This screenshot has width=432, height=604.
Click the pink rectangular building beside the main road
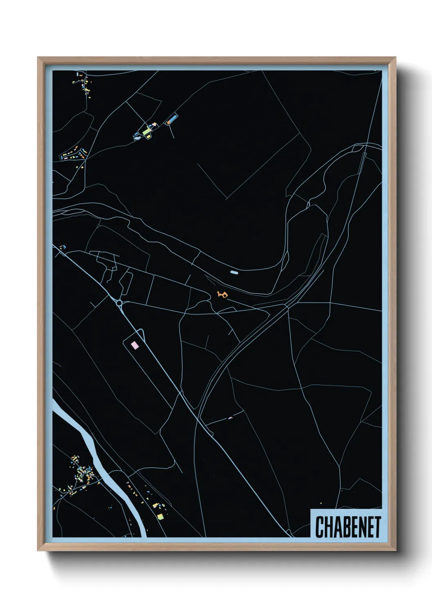pos(134,345)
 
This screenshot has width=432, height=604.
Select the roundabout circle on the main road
pos(119,303)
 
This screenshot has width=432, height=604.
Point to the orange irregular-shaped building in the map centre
pos(222,294)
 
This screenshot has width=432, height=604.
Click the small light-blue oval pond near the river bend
pos(234,272)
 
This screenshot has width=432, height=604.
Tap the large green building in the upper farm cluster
pos(146,131)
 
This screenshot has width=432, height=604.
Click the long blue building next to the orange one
pos(173,119)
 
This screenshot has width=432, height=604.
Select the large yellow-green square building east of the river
pos(160,517)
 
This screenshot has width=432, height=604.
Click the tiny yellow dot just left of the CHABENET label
pos(321,503)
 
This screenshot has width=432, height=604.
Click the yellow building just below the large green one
pos(148,137)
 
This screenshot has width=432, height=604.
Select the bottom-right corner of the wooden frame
pos(396,551)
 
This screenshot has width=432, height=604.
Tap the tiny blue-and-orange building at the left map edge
pos(63,247)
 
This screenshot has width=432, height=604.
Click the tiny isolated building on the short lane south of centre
pos(230,417)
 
